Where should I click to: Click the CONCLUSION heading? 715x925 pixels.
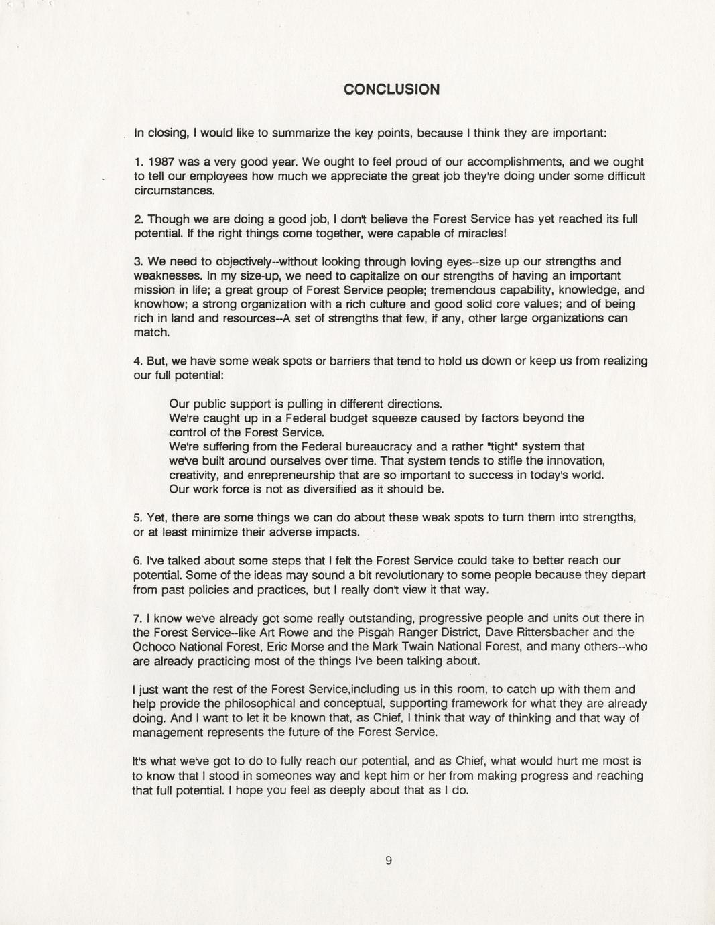pos(391,89)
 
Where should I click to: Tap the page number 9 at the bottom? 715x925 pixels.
pos(389,861)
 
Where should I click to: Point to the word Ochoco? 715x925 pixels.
pos(154,647)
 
